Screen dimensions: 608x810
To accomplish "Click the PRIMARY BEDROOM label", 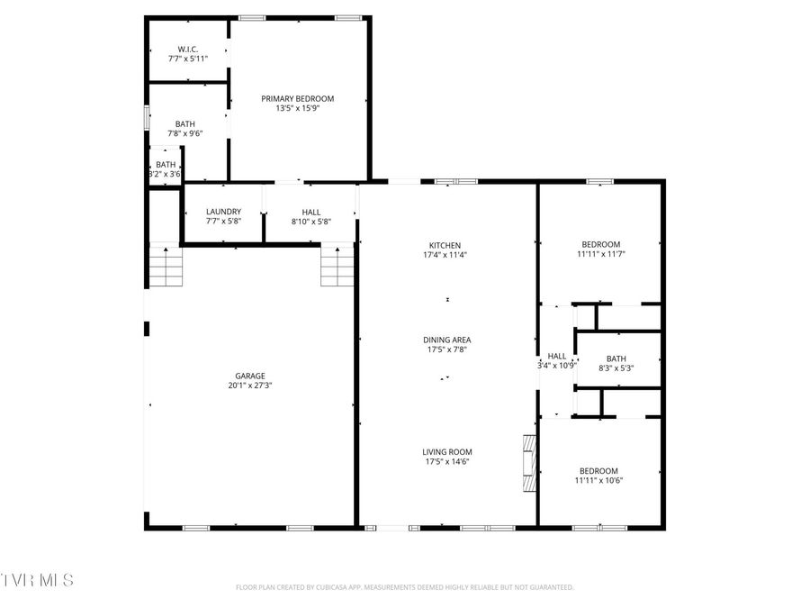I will click(298, 98).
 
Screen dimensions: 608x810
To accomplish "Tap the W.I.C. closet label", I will click(188, 49).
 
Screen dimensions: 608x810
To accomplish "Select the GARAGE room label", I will click(250, 376).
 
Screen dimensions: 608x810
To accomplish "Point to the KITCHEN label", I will click(445, 245).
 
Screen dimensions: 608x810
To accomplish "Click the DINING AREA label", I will click(447, 340).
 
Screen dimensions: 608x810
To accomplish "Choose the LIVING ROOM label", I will click(447, 452).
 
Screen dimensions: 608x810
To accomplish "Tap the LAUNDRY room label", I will click(223, 212).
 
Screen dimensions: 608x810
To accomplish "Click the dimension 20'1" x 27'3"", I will click(250, 386).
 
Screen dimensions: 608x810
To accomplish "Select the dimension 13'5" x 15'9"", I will click(298, 108).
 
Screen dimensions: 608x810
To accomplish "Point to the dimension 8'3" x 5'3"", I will click(616, 368).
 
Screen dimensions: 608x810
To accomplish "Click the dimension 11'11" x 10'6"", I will click(599, 480).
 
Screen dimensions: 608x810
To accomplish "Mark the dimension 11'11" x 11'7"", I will click(600, 254).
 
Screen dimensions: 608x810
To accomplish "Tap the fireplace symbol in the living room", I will click(529, 463).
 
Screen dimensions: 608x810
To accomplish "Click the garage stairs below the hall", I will click(337, 267).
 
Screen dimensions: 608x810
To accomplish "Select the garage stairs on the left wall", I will click(166, 267).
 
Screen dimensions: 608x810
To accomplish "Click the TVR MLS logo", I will click(38, 578).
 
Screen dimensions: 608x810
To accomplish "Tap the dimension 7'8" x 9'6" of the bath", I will click(185, 133).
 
